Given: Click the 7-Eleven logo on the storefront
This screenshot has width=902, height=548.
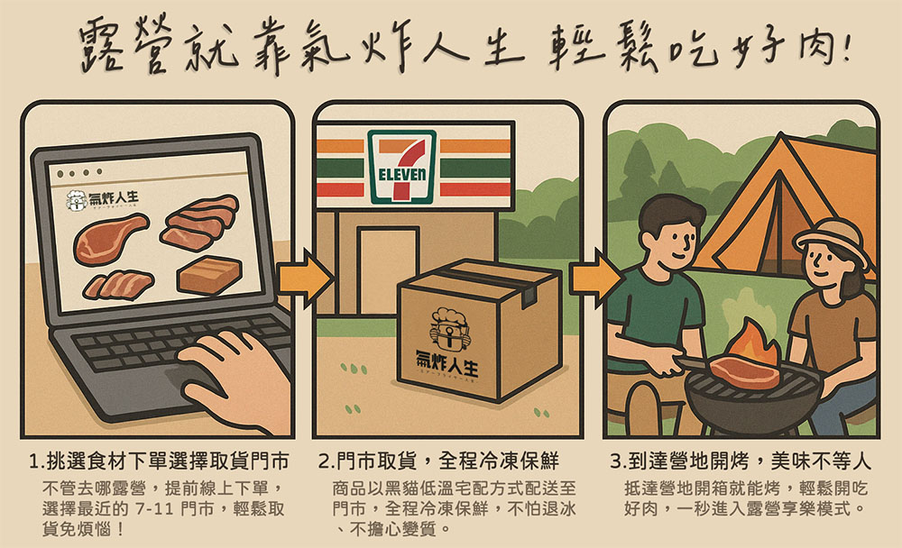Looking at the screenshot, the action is pyautogui.click(x=402, y=167).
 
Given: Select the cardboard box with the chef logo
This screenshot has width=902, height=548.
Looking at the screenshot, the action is pyautogui.click(x=479, y=330).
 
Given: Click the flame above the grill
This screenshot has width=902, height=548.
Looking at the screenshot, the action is pyautogui.click(x=751, y=344).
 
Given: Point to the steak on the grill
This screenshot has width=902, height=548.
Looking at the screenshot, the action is pyautogui.click(x=744, y=372).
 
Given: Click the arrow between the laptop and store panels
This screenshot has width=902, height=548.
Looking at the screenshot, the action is pyautogui.click(x=304, y=279).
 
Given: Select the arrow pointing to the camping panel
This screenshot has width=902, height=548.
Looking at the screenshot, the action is pyautogui.click(x=596, y=279).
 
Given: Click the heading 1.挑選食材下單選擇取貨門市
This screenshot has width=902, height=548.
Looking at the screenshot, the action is pyautogui.click(x=159, y=461).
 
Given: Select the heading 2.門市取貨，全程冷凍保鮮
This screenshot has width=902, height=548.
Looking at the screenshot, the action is pyautogui.click(x=438, y=461).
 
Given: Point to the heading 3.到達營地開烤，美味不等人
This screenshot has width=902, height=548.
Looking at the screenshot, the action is pyautogui.click(x=741, y=461).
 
